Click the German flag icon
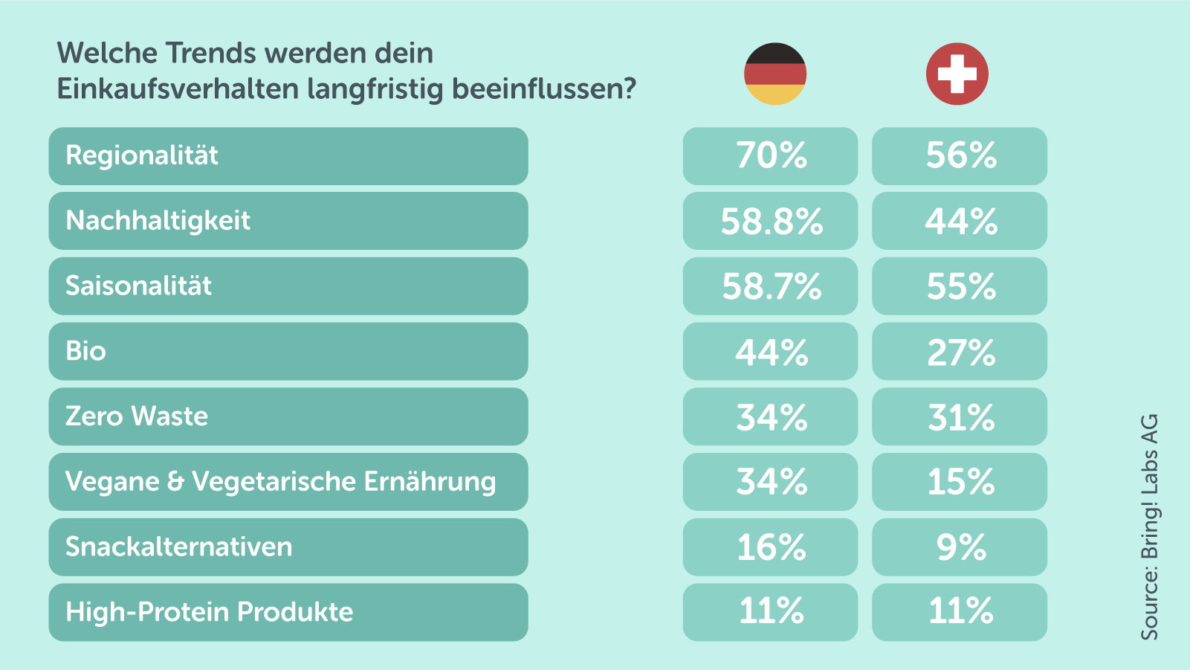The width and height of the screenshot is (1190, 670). point(775,74)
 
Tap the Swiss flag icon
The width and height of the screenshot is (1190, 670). point(957,74)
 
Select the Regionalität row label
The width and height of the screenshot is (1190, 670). point(142,155)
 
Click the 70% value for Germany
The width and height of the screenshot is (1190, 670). point(771,155)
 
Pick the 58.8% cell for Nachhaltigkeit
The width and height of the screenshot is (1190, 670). point(771,221)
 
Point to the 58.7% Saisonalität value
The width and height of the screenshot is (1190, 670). point(771,286)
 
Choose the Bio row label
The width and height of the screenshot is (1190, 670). point(85,351)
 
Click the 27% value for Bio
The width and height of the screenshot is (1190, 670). point(960,352)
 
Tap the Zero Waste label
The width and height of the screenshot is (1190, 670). point(137,416)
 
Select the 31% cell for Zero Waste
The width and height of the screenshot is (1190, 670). point(960,417)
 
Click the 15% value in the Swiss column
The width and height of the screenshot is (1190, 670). point(960,482)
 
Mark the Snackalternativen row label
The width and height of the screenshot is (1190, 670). point(179,547)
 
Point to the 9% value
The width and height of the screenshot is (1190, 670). point(960,547)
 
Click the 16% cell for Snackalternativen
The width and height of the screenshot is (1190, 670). point(771,547)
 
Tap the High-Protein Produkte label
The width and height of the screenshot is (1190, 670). point(209,612)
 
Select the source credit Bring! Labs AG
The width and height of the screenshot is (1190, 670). point(1149,526)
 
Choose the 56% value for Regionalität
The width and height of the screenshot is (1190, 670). point(960,155)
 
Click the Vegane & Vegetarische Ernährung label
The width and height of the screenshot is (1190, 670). point(280,482)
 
